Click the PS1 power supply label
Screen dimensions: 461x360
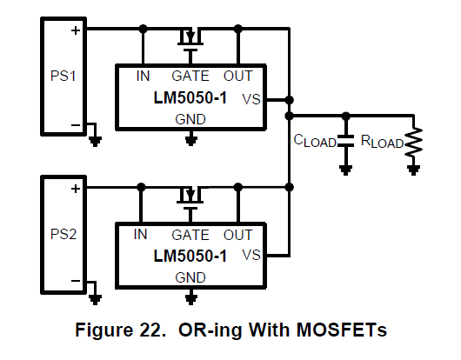[x=63, y=76]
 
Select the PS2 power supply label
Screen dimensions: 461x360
[x=63, y=234]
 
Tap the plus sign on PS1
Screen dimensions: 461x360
[x=76, y=30]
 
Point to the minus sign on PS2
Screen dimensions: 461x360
[x=76, y=281]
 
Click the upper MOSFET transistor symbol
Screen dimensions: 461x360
[x=190, y=40]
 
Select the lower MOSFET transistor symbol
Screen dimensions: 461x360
[x=190, y=198]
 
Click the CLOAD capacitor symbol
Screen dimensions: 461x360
[x=346, y=141]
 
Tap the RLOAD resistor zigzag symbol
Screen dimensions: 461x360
[x=414, y=142]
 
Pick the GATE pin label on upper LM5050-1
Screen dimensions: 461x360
[x=190, y=77]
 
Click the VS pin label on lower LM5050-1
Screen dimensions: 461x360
[x=251, y=255]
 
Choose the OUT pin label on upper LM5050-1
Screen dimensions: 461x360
[x=237, y=77]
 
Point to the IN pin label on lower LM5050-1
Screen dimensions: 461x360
[x=140, y=234]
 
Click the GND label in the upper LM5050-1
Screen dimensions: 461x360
[x=190, y=120]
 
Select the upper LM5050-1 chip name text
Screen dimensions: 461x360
[x=190, y=97]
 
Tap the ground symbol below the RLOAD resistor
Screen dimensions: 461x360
[x=414, y=170]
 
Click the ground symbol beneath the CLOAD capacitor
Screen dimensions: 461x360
[x=346, y=170]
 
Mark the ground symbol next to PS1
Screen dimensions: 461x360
[x=95, y=142]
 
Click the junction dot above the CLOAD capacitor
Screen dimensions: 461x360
[x=346, y=116]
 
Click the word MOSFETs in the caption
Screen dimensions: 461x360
[x=341, y=330]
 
